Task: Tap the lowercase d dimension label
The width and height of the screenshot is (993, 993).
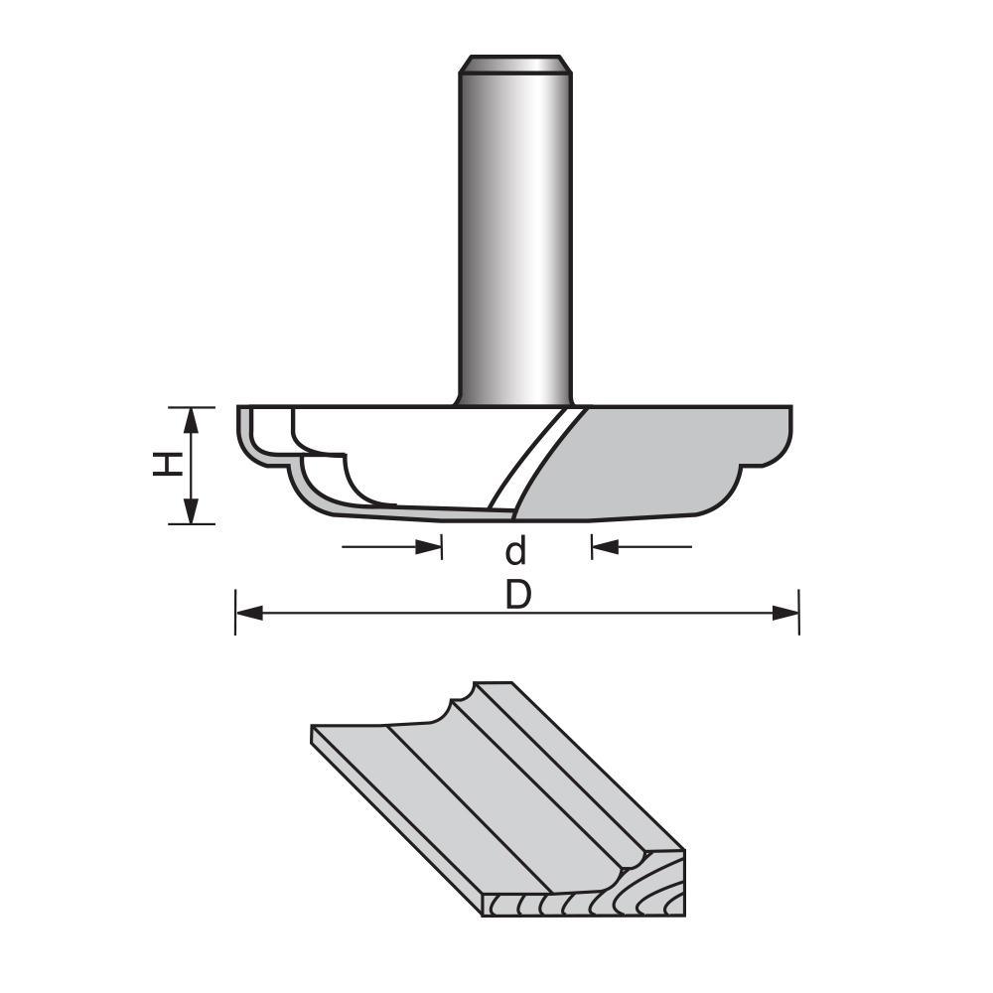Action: [515, 549]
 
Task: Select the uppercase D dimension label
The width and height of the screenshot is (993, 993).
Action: [516, 595]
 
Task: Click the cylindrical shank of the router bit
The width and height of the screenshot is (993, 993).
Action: [514, 238]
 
